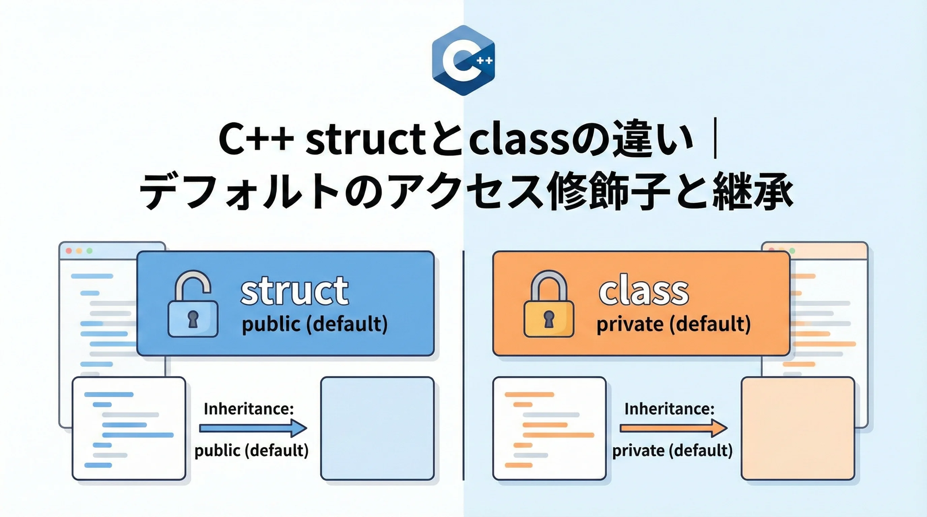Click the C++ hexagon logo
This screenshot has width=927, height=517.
463,60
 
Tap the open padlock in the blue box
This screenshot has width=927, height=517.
193,304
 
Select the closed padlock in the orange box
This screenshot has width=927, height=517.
548,304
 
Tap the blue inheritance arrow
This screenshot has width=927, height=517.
253,428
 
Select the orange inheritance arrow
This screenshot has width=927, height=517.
674,428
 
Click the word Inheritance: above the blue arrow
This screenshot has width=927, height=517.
249,409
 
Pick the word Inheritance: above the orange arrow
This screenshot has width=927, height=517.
669,409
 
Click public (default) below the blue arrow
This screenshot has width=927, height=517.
252,450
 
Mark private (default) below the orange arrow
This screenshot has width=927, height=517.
672,450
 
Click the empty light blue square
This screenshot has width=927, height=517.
378,428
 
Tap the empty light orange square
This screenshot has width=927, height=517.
798,428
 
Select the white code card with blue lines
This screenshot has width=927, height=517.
129,428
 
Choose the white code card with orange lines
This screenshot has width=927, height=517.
549,428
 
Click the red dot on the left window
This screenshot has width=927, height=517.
69,251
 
